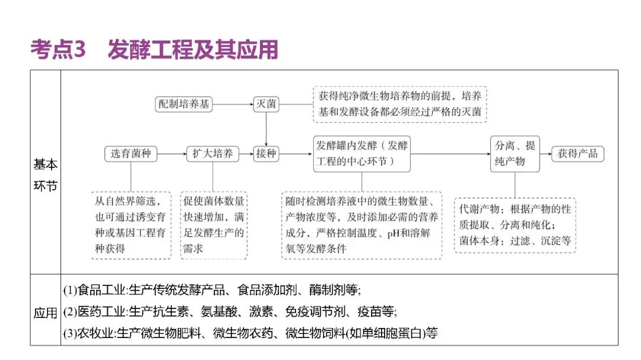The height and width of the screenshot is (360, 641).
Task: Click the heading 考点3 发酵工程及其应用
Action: (154, 50)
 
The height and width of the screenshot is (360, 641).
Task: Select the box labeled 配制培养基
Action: (183, 104)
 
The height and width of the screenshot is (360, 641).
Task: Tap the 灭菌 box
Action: (265, 104)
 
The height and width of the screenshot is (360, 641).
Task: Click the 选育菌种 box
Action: (131, 154)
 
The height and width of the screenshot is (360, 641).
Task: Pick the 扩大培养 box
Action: (212, 154)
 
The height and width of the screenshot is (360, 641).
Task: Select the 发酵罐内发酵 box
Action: (361, 154)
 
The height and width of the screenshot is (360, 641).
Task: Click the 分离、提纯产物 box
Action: (515, 154)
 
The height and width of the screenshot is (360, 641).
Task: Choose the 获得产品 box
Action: (577, 154)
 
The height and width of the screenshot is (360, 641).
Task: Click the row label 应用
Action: (46, 314)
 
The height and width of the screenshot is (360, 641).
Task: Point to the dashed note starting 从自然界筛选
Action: (131, 225)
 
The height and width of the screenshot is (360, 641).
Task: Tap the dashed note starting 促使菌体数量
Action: (214, 225)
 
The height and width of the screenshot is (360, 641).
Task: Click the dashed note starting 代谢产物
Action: (515, 225)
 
